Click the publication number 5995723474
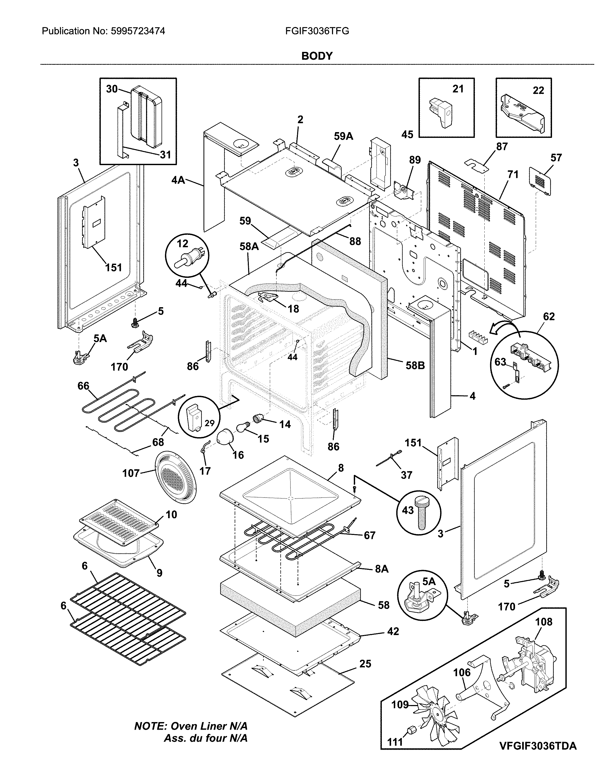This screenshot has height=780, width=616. (137, 31)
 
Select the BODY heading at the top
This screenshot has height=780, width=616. (317, 56)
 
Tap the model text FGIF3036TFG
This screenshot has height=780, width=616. (317, 31)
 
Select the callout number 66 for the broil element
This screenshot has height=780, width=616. (83, 386)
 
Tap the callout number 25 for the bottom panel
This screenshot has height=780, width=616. (365, 664)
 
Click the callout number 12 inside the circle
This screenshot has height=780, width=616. (183, 244)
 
